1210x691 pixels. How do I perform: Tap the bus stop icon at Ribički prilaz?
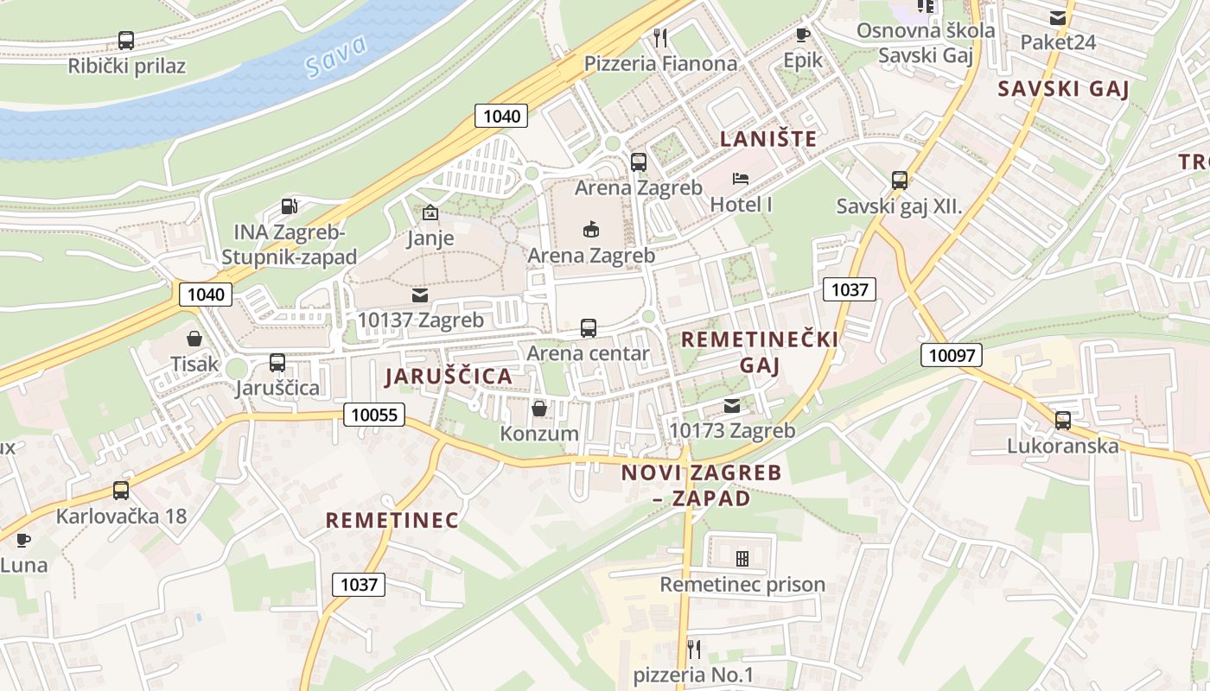pos(126,40)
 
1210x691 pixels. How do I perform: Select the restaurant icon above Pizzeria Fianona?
pos(661,37)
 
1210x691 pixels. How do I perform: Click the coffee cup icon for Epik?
pos(802,35)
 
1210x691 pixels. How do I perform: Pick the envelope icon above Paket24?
pos(1057,17)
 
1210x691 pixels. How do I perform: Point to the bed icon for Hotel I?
pos(741,179)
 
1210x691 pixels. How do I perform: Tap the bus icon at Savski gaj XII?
pos(900,181)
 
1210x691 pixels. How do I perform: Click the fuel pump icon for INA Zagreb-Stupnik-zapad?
pos(290,206)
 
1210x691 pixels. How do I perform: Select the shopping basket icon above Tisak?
pos(194,338)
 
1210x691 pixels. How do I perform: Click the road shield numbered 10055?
pos(375,415)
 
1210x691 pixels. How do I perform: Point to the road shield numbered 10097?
pos(951,354)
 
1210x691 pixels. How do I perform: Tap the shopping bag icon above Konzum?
pos(539,408)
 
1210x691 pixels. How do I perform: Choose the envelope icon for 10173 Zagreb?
pos(732,405)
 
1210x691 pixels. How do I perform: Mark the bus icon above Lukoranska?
pos(1063,421)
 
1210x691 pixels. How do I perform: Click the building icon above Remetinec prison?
pos(742,559)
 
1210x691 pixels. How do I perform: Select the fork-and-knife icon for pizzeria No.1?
pos(693,648)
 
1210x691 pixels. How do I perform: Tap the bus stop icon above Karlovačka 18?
pos(121,491)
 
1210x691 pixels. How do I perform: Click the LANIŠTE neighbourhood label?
pos(768,138)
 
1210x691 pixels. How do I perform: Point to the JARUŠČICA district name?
pos(449,377)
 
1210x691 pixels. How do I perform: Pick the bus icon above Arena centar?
pos(589,328)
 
